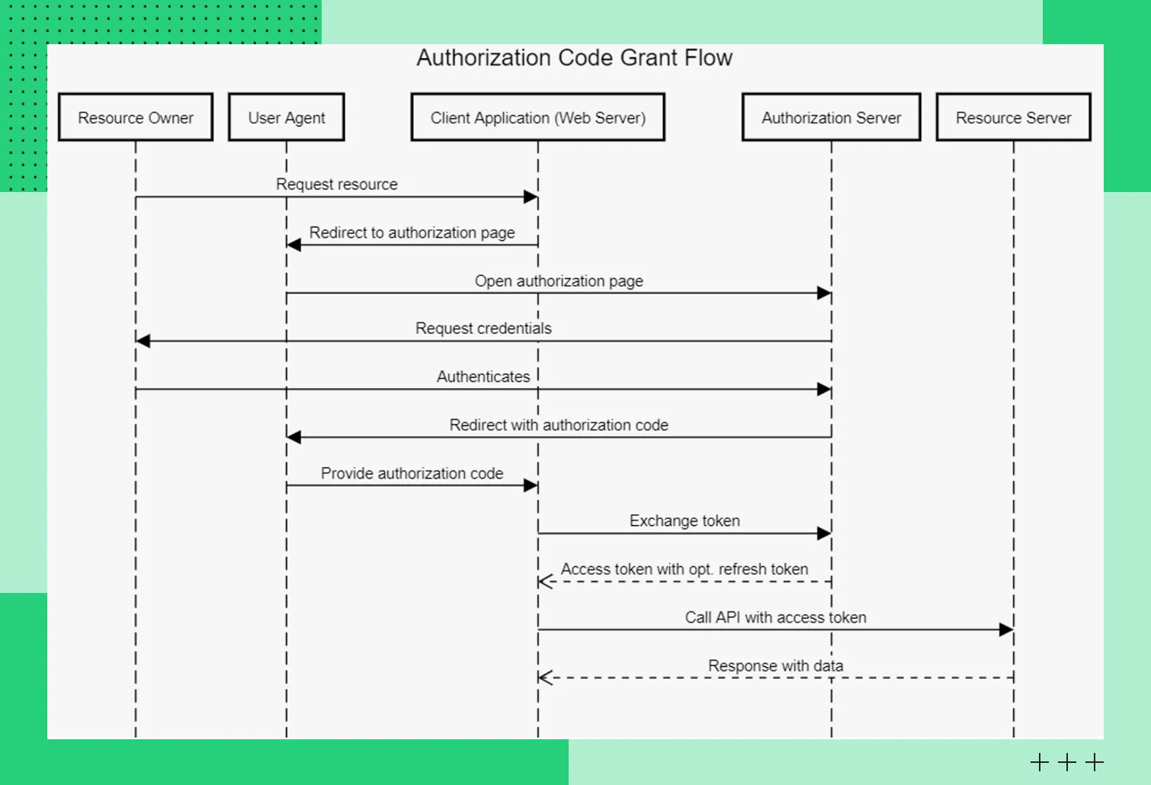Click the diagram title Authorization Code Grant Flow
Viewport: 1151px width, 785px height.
(x=574, y=58)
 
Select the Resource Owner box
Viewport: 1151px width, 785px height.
(x=136, y=117)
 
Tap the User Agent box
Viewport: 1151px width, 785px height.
(x=287, y=117)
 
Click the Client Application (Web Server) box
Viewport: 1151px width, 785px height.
(x=537, y=117)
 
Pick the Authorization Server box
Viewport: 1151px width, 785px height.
(x=831, y=117)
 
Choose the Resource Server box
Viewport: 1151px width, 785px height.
(x=1013, y=117)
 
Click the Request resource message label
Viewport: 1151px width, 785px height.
(x=336, y=184)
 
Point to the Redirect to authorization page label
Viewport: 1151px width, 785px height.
(x=412, y=232)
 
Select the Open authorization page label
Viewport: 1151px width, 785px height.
(x=559, y=280)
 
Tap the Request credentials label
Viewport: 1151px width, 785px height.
(x=483, y=328)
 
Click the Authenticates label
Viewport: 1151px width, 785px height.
(x=483, y=376)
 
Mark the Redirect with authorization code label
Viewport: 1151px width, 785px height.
(x=559, y=425)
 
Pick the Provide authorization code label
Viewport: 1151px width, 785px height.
(x=412, y=473)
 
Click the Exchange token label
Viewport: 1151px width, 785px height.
(x=685, y=521)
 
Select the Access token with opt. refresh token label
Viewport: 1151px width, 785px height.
(x=685, y=569)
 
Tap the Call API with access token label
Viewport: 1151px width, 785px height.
(x=775, y=617)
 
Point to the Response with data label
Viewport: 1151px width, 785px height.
(x=775, y=665)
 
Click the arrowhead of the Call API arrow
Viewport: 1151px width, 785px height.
(x=1006, y=630)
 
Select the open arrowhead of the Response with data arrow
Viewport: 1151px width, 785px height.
(x=544, y=678)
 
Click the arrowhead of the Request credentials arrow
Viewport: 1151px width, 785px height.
(x=143, y=341)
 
